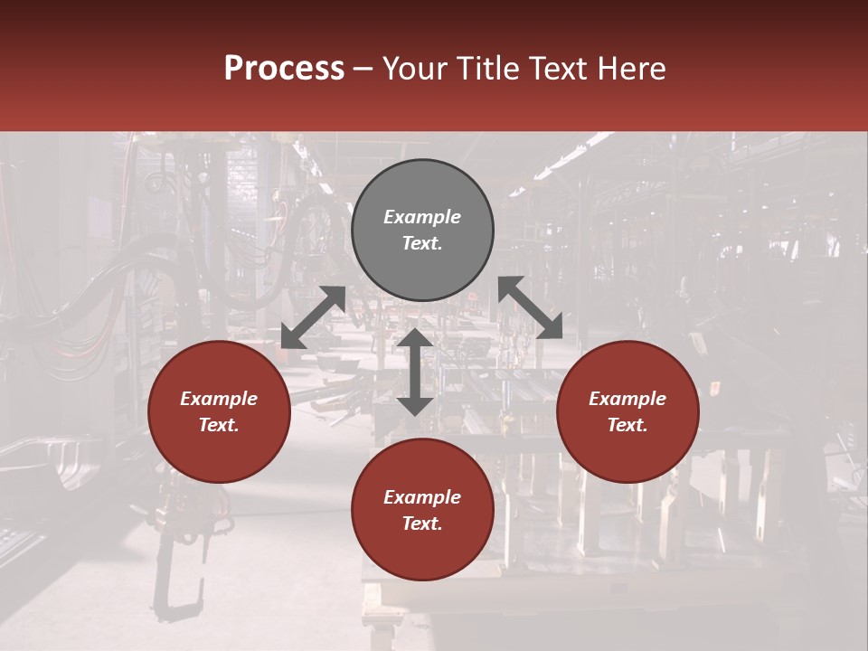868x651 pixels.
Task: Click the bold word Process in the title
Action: (284, 69)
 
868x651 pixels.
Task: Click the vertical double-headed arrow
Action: (415, 372)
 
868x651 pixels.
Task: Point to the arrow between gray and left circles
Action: (313, 317)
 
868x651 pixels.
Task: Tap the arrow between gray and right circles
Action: (530, 307)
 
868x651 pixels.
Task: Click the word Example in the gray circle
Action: (422, 217)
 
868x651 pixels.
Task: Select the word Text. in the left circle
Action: (219, 425)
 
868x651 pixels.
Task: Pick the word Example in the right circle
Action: (627, 399)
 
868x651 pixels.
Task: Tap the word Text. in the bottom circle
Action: (422, 524)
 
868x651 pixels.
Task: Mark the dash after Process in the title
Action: (363, 69)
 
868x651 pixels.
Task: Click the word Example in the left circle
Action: (219, 399)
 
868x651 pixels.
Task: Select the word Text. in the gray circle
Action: (422, 243)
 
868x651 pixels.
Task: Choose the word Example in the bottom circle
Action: (422, 497)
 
